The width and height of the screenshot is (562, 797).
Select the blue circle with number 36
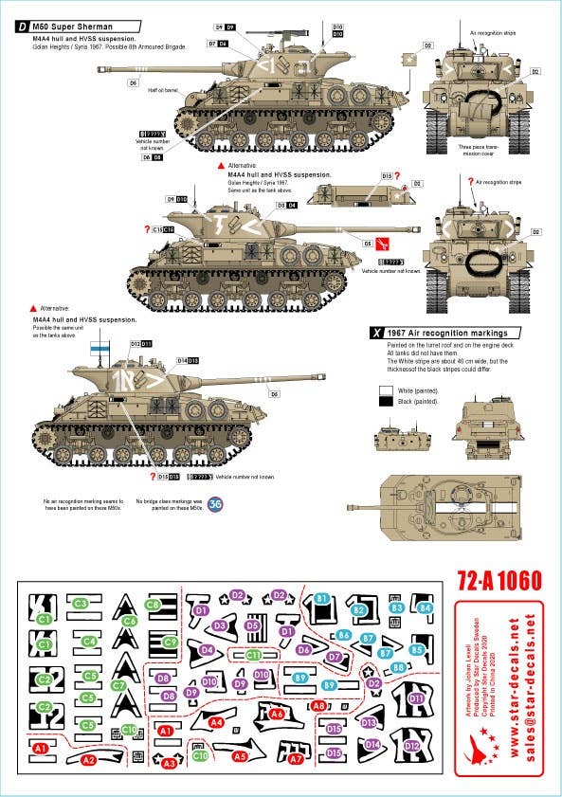[216, 503]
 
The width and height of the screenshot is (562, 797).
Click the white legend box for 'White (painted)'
[384, 389]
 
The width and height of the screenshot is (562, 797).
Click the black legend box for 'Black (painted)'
[384, 402]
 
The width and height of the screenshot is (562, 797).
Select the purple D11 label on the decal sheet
[416, 699]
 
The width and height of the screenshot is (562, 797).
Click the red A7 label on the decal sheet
[296, 758]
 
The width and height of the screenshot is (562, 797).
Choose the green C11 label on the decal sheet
[253, 655]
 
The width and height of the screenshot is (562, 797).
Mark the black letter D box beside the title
[22, 27]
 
